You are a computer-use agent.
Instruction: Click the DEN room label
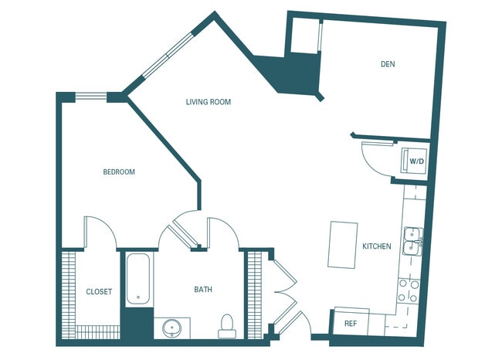click(x=388, y=64)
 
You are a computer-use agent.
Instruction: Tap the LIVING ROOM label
click(x=209, y=102)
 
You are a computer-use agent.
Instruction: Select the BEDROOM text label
click(x=119, y=172)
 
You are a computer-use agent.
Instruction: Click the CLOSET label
click(x=99, y=292)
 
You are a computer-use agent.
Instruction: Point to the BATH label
click(x=203, y=290)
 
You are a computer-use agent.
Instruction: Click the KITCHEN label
click(x=377, y=246)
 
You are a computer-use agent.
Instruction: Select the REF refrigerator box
click(x=351, y=324)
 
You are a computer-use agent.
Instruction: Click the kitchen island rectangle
click(x=344, y=244)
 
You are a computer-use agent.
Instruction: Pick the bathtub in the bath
click(x=139, y=278)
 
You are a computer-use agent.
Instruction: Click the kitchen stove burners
click(x=408, y=290)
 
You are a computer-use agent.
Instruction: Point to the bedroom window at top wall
click(x=91, y=97)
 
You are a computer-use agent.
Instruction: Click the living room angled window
click(x=165, y=54)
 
